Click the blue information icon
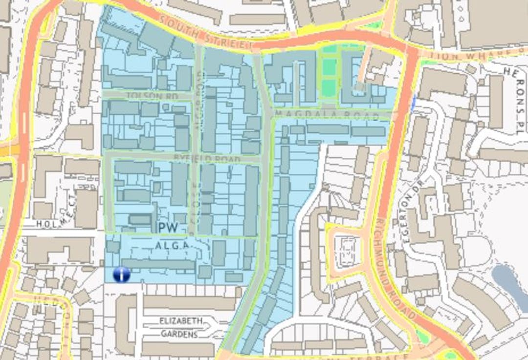(121, 275)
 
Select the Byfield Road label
(207, 160)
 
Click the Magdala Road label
(327, 115)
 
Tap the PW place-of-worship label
(167, 227)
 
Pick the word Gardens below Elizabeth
(179, 334)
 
